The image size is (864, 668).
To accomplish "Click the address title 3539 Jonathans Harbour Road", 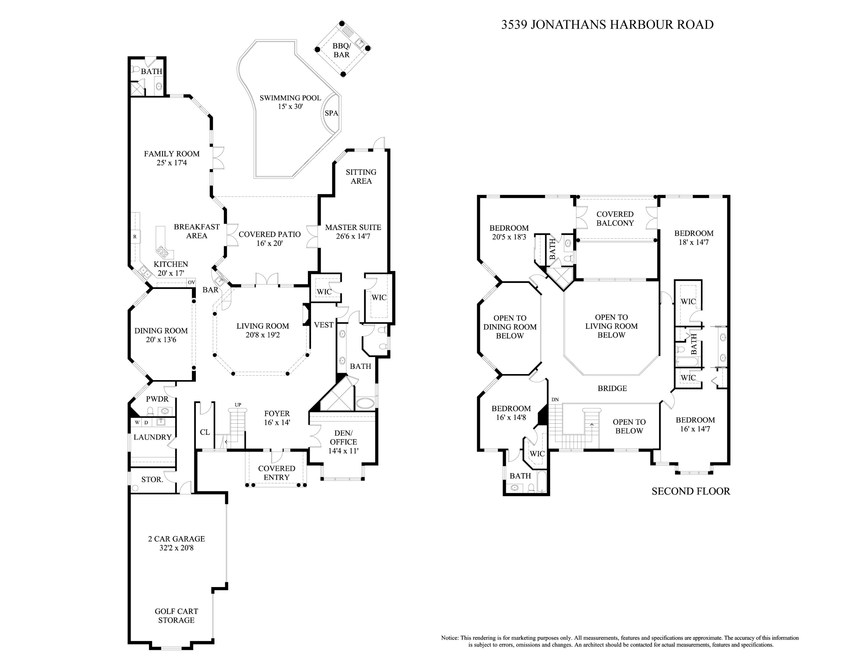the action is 607,24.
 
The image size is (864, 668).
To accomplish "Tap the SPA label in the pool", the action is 331,113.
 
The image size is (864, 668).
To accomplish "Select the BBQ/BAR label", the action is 341,50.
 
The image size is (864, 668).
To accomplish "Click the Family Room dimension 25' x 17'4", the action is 172,163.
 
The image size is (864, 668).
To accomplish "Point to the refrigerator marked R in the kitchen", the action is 135,237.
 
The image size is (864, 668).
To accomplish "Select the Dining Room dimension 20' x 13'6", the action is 161,339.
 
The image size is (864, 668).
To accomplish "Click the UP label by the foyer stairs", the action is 238,405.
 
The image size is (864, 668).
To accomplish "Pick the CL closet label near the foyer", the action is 204,432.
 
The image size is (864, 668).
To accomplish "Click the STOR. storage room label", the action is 152,479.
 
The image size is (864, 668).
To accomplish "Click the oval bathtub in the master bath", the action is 365,404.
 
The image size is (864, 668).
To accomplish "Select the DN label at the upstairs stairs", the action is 555,400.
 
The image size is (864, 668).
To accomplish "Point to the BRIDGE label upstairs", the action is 612,388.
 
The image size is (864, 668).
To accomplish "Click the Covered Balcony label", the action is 615,218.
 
